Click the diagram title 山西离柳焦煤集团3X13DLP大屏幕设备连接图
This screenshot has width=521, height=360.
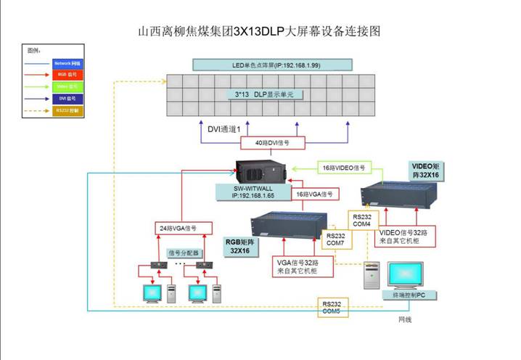pos(259,32)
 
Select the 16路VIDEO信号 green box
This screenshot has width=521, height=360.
pos(343,167)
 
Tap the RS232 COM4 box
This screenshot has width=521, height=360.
pos(361,220)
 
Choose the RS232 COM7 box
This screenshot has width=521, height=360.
pos(335,240)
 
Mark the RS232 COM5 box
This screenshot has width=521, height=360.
pos(332,308)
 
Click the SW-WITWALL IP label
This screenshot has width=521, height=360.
pos(251,192)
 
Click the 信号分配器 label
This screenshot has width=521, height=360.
pos(181,253)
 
